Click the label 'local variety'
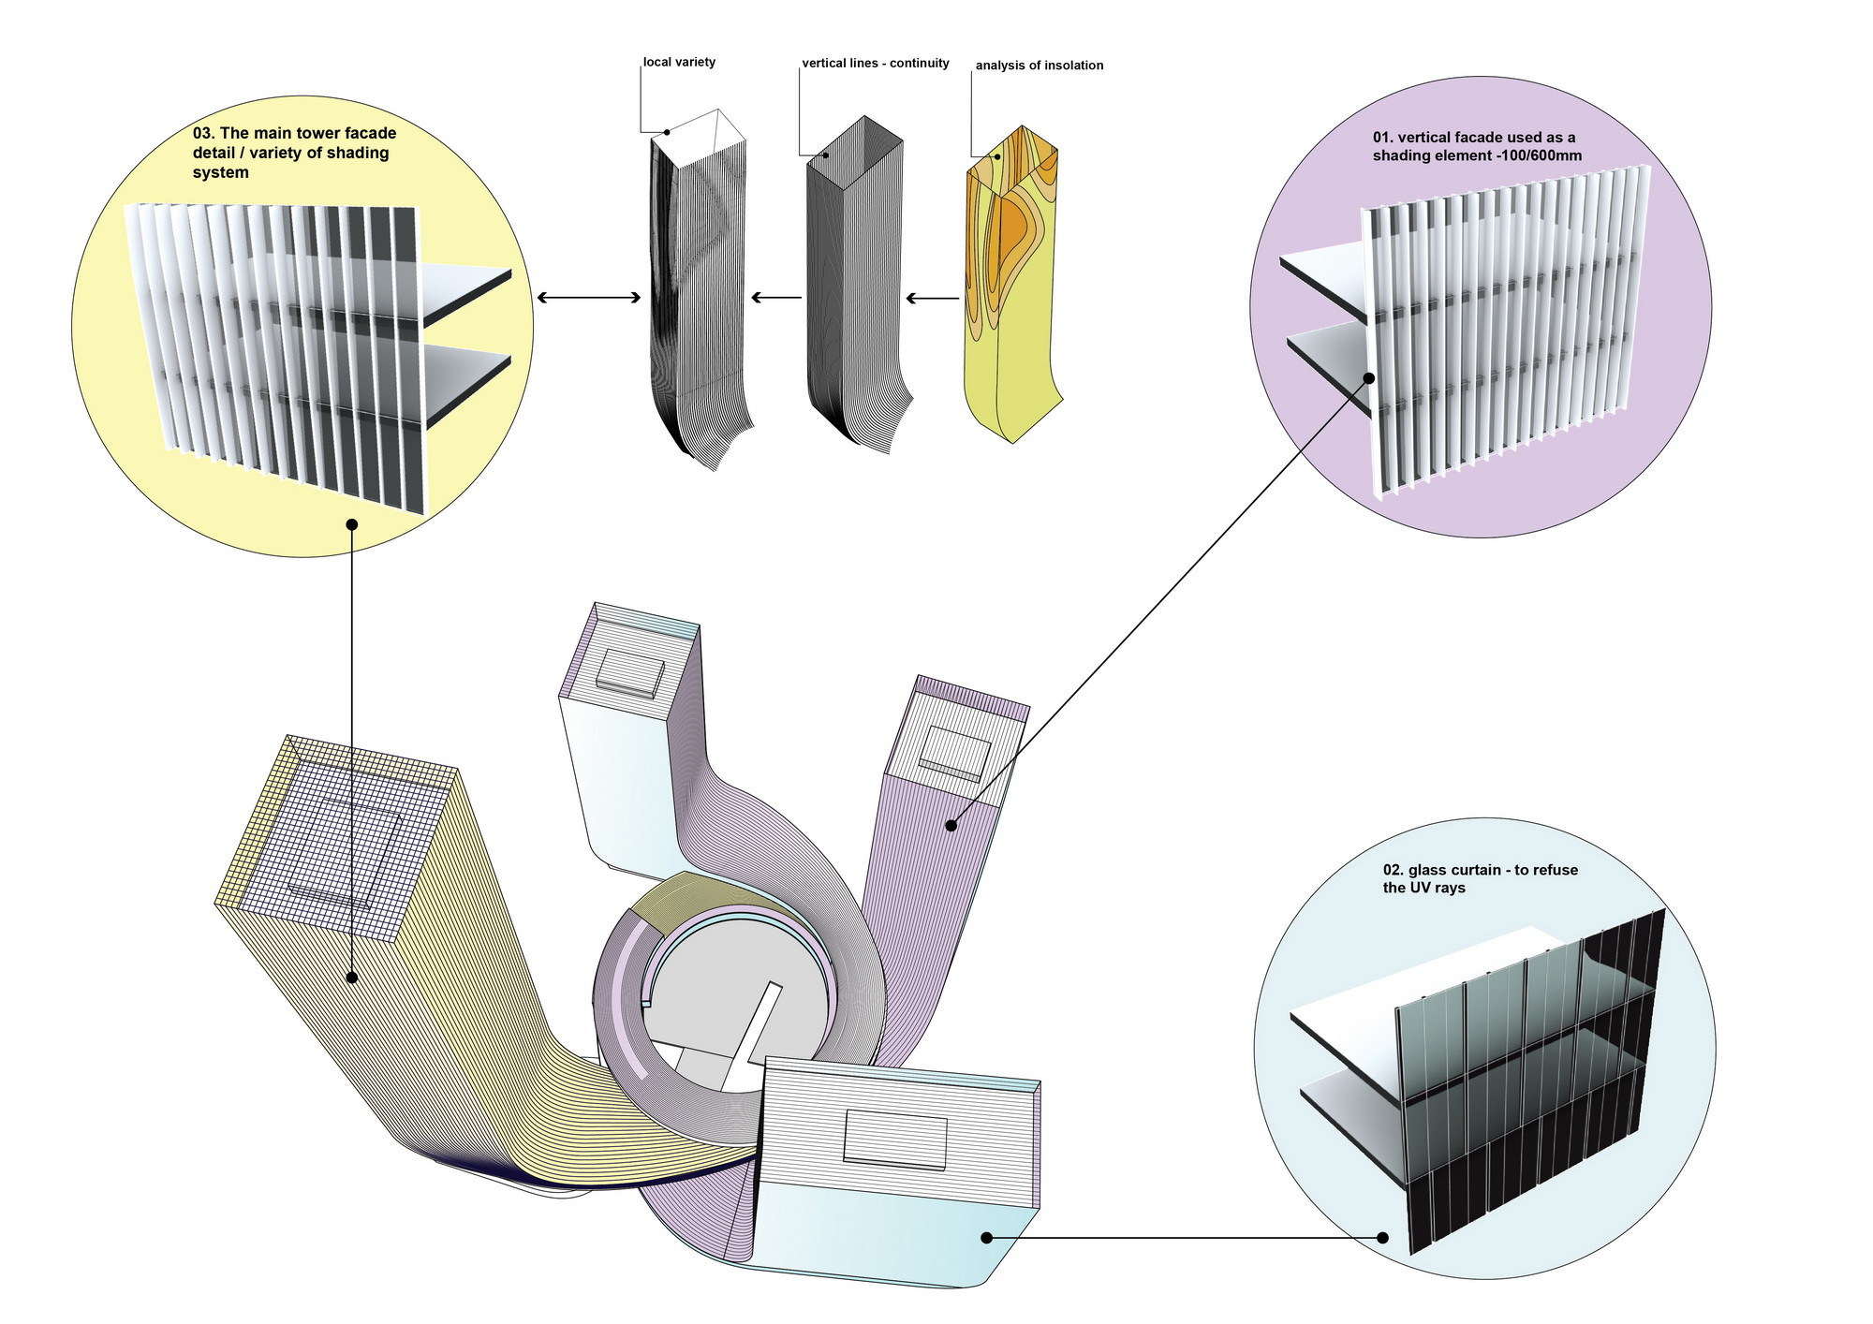pos(679,62)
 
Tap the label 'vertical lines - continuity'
pos(875,63)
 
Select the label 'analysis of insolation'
pos(1039,66)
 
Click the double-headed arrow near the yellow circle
pos(588,298)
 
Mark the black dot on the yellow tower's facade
pos(352,977)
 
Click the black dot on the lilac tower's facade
pos(951,825)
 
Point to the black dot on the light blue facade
pos(986,1237)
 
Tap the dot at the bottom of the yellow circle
pos(352,524)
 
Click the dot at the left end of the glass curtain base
pos(1382,1237)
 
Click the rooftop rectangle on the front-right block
pos(895,1138)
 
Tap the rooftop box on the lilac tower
pos(954,754)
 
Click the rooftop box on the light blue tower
pos(630,672)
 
